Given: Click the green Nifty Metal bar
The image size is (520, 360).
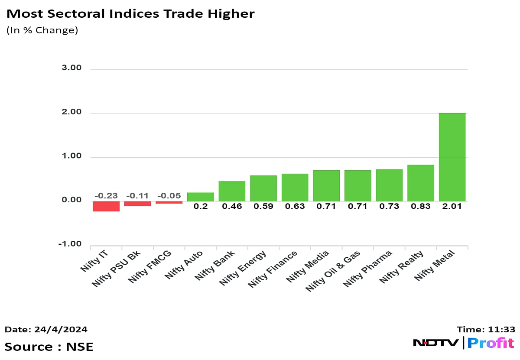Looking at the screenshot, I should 452,157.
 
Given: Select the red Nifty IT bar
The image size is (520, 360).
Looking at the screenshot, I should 106,206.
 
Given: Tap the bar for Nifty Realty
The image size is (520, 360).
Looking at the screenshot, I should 421,183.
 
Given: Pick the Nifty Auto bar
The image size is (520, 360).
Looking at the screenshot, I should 200,197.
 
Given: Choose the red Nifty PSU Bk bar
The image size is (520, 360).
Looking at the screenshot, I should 137,204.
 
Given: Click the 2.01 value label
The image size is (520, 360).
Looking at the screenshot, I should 452,206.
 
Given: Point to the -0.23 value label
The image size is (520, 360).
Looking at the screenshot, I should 106,196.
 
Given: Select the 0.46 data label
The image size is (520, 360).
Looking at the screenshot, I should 232,206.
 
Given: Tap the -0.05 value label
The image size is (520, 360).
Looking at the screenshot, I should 169,196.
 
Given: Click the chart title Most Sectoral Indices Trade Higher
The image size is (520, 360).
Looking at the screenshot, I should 130,14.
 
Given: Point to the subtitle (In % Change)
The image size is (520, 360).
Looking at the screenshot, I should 42,31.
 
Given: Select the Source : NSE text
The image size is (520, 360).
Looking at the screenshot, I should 49,347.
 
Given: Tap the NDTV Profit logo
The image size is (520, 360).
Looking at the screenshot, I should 463,343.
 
